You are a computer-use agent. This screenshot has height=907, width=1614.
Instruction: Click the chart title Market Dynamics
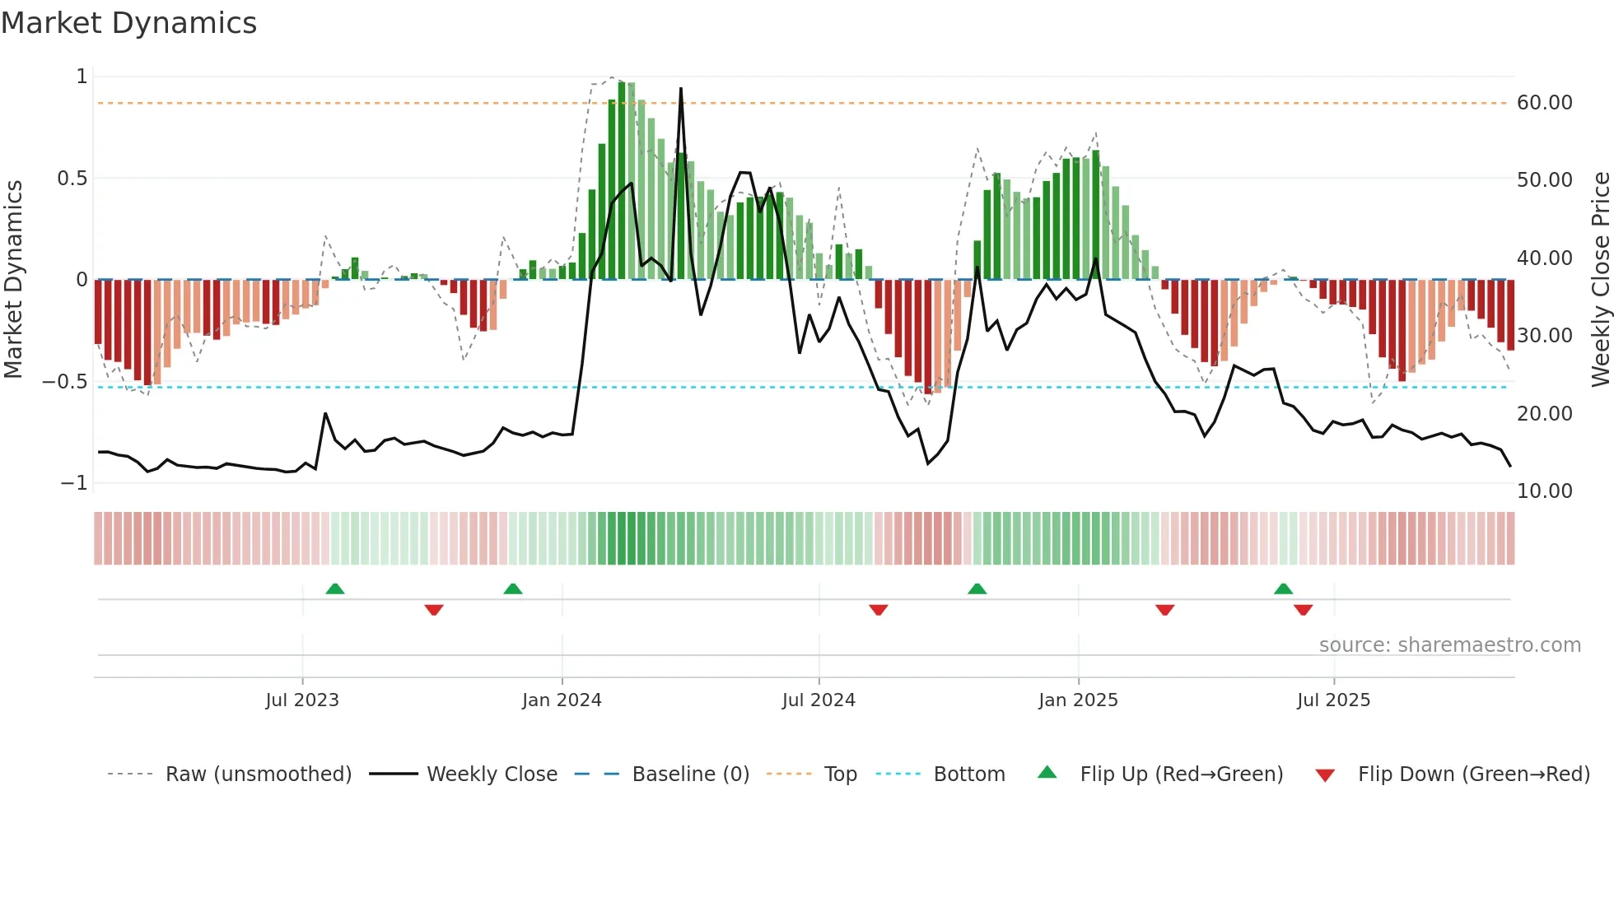(x=128, y=23)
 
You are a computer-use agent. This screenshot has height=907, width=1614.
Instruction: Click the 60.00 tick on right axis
(x=1544, y=103)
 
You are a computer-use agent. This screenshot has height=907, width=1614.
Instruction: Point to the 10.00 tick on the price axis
(x=1544, y=491)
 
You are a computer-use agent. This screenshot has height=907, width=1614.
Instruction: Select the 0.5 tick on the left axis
(x=72, y=179)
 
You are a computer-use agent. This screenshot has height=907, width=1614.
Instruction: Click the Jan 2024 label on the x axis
(x=562, y=700)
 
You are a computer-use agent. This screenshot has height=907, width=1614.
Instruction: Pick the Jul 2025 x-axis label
(x=1333, y=700)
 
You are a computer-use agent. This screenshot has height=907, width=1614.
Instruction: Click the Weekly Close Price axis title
(x=1600, y=279)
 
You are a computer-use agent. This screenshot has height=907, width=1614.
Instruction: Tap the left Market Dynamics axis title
(x=13, y=279)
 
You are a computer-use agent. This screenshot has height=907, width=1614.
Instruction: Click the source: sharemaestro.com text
(x=1449, y=645)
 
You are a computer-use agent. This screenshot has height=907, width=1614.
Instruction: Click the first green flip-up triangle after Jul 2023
(x=334, y=589)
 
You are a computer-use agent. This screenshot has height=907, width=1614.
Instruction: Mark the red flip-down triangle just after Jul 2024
(x=878, y=610)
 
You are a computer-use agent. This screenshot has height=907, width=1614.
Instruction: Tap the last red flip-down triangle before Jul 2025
(x=1303, y=610)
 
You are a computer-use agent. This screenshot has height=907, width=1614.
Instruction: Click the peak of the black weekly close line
(x=681, y=88)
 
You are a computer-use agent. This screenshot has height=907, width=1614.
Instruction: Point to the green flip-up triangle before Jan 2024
(x=512, y=589)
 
